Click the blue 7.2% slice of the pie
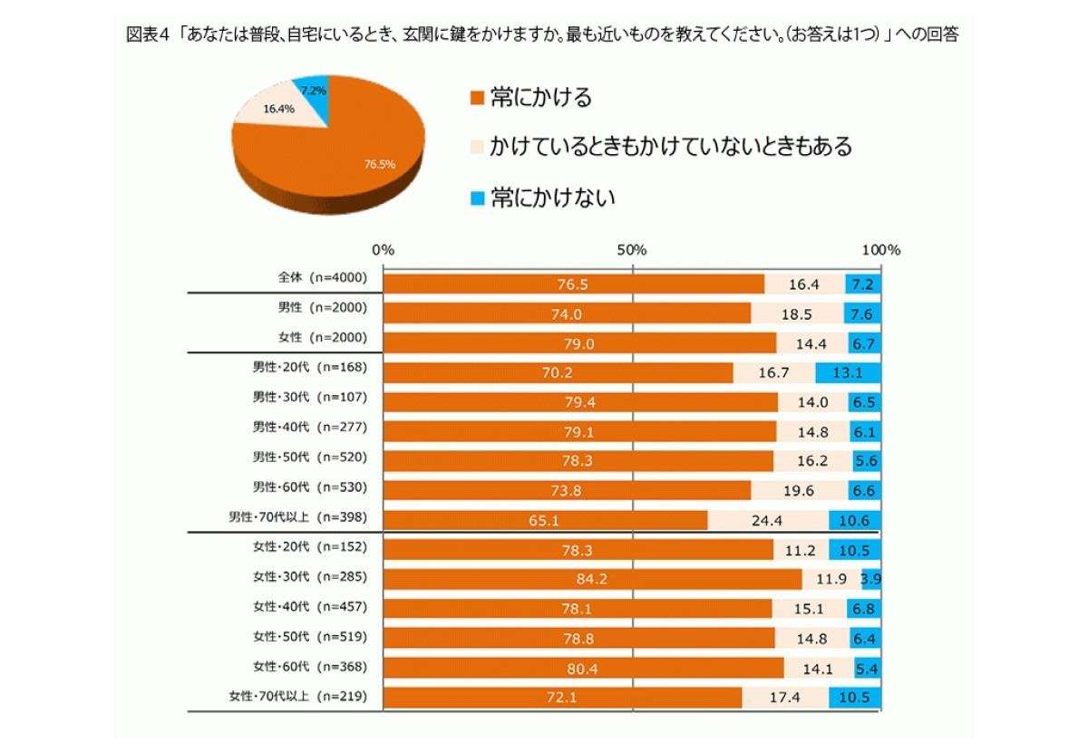tap(314, 91)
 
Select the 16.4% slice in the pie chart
tap(277, 110)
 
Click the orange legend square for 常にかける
tap(475, 97)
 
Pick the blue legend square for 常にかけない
tap(475, 197)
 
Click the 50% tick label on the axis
tap(631, 249)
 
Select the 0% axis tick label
tap(384, 249)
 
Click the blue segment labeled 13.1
tap(848, 371)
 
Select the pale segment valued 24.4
tap(767, 520)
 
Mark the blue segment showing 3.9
tap(870, 577)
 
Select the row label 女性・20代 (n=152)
tap(308, 547)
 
